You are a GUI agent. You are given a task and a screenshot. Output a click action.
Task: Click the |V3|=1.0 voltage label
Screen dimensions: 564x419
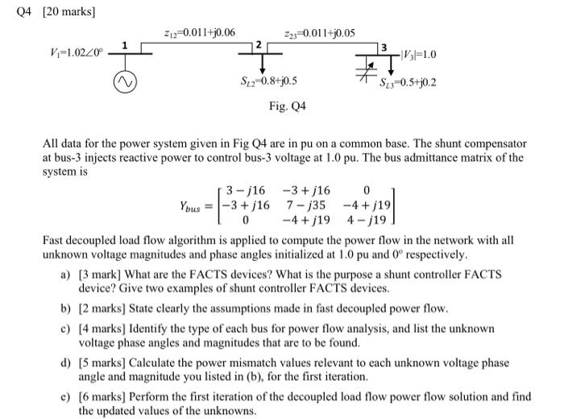coord(419,55)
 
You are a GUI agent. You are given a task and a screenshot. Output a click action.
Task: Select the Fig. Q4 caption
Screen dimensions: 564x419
coord(288,106)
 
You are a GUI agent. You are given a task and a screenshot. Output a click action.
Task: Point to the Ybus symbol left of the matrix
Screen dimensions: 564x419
coord(196,206)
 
